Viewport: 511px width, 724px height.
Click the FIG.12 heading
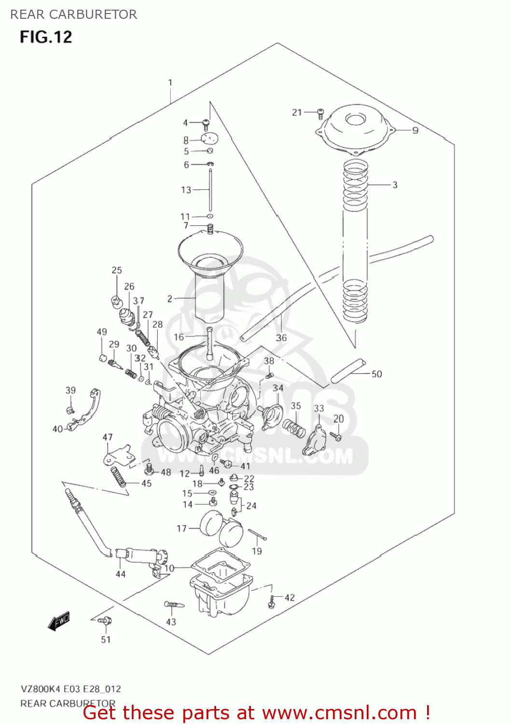tap(46, 37)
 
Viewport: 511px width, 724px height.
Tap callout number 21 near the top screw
tap(297, 112)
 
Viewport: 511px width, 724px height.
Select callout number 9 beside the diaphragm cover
tap(415, 130)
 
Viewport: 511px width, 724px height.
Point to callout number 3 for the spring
tap(395, 185)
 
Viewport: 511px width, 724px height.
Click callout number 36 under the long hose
tap(281, 338)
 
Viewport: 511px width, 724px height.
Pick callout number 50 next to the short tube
tap(376, 374)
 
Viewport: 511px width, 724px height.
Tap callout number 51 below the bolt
tap(106, 640)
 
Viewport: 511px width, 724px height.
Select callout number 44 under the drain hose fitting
tap(121, 574)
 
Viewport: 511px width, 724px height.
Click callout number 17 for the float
tap(181, 529)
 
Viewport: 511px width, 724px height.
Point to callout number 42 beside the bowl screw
tap(290, 598)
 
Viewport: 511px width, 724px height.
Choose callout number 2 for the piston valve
tap(170, 299)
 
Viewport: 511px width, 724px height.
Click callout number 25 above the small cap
tap(117, 270)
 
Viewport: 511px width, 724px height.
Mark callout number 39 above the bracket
tap(70, 390)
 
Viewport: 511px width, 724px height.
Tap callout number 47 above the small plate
tap(108, 437)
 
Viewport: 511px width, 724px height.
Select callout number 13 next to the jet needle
tap(186, 190)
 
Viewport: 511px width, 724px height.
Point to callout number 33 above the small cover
tap(319, 408)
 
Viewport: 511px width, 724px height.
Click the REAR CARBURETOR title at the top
tap(74, 14)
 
